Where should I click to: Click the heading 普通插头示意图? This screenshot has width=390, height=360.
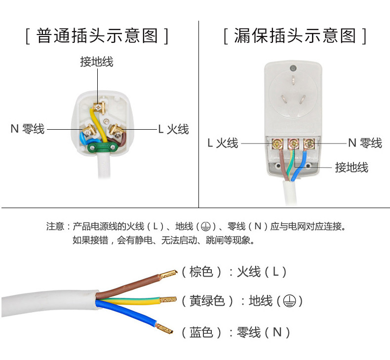click(97, 36)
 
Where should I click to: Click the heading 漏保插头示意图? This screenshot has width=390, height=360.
click(295, 36)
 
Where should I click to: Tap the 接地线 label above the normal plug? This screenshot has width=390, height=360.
click(97, 62)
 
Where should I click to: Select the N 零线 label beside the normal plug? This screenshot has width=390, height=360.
click(28, 129)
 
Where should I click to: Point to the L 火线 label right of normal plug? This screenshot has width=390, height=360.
click(173, 129)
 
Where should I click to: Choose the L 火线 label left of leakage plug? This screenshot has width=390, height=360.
click(223, 143)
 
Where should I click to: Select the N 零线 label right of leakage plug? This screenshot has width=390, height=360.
click(365, 143)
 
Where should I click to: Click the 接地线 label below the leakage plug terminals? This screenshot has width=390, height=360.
click(351, 167)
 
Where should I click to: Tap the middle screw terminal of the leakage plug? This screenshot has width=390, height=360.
click(293, 144)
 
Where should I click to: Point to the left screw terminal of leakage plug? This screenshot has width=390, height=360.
click(278, 144)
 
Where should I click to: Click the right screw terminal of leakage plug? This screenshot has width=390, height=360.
click(309, 144)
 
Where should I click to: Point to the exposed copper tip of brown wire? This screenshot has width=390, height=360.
click(167, 272)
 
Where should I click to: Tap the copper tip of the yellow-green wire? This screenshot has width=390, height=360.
click(167, 299)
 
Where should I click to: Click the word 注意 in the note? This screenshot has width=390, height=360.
click(55, 227)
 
